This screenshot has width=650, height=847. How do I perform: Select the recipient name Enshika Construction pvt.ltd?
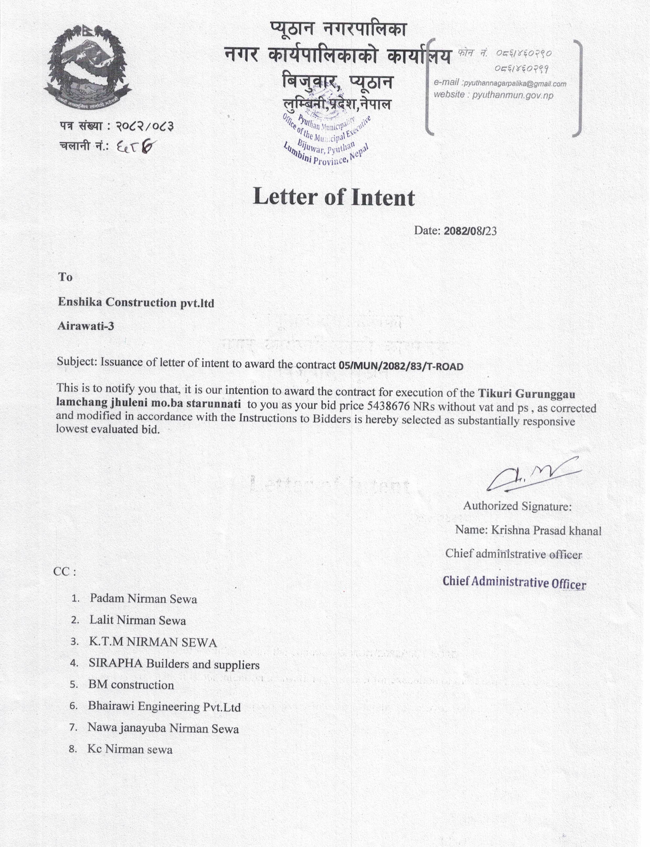click(136, 302)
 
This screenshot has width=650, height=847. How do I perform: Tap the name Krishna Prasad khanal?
click(546, 530)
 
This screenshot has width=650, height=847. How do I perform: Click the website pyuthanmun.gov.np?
click(512, 95)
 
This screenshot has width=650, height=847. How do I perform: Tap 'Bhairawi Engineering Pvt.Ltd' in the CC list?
click(164, 707)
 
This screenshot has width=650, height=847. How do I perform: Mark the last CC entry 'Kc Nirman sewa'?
click(130, 749)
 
